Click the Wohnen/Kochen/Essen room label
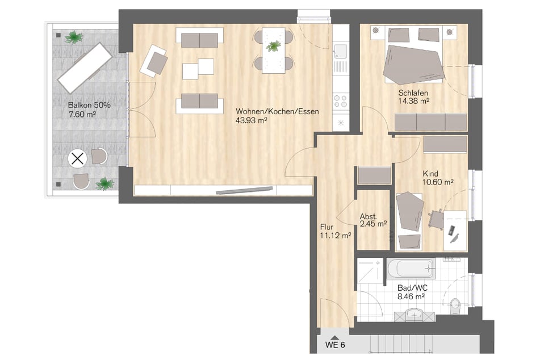tap(277, 112)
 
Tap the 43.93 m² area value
tap(252, 120)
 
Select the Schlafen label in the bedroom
tap(413, 93)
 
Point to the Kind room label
tap(430, 174)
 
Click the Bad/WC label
tap(412, 288)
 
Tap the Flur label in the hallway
tap(326, 227)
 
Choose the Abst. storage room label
tap(368, 217)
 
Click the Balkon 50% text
tap(89, 105)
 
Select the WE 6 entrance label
tap(335, 345)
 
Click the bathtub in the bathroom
tap(411, 269)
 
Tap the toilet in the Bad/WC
tap(455, 306)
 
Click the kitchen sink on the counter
tap(341, 51)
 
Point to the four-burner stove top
tap(341, 101)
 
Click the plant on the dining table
tap(274, 46)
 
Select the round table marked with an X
tap(77, 159)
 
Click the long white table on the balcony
tap(85, 68)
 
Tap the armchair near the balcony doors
tap(154, 61)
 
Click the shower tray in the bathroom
tap(370, 271)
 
